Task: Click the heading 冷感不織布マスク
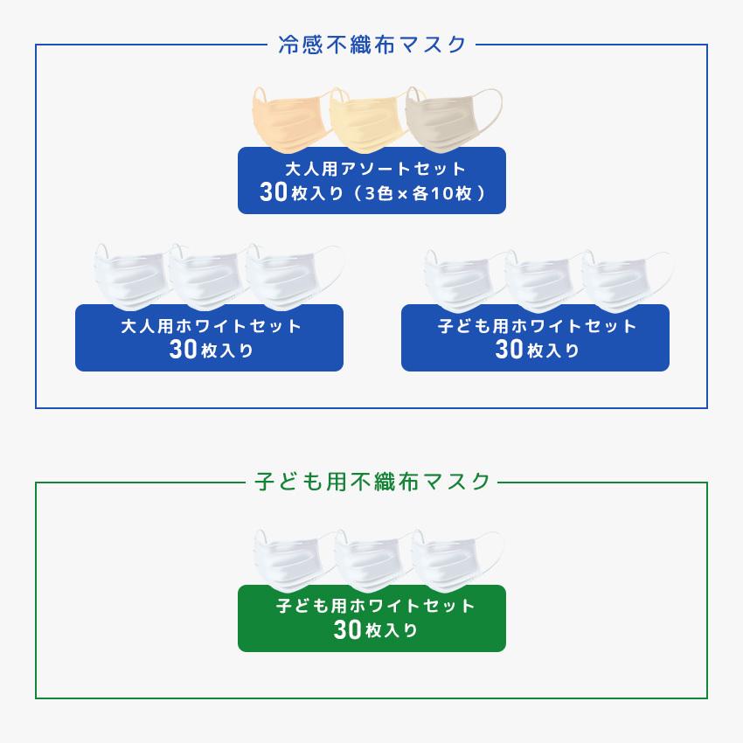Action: [372, 45]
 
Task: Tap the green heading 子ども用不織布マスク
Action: [372, 482]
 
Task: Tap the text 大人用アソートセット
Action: [376, 169]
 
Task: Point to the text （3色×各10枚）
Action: [420, 193]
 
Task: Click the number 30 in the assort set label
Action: [274, 192]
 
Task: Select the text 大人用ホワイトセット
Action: [212, 326]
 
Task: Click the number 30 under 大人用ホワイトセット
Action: [183, 350]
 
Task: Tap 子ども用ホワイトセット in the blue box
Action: [537, 326]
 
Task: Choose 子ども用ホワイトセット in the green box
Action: [375, 606]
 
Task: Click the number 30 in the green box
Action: [347, 629]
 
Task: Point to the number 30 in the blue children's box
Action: [509, 350]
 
